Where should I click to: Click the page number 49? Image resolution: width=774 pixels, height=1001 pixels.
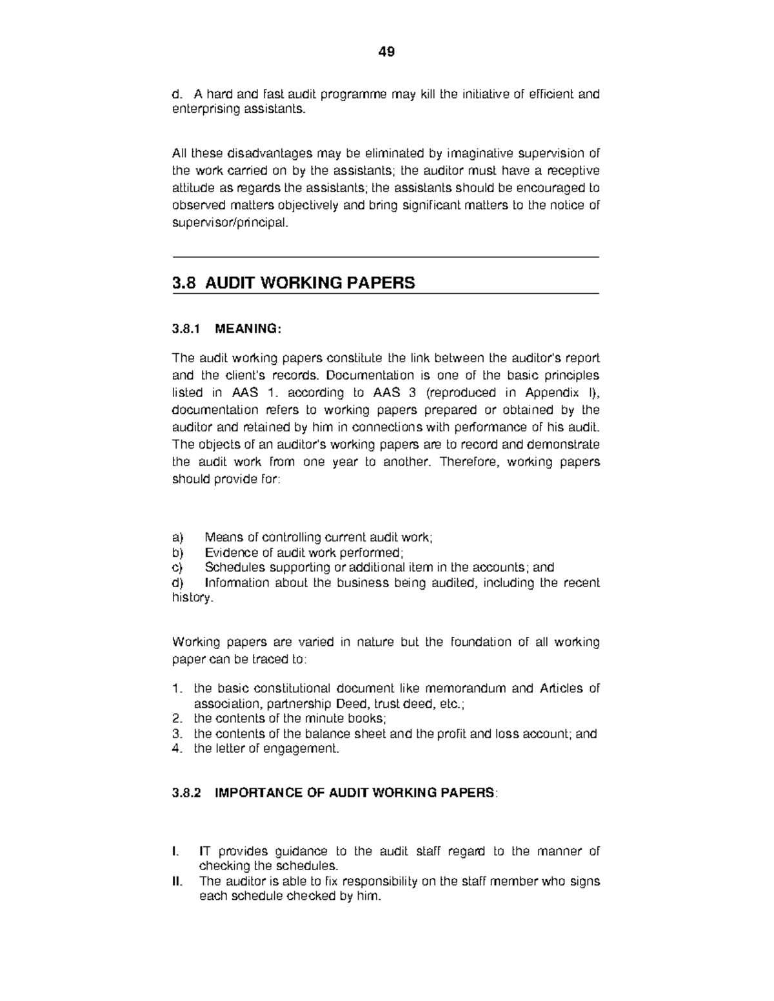(386, 52)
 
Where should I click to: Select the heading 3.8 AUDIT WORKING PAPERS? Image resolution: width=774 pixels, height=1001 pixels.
(293, 282)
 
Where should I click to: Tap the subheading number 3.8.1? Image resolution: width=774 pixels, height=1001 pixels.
(186, 329)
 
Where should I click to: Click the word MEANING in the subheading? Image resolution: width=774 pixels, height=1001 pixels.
(247, 329)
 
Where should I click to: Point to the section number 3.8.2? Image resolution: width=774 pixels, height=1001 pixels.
(186, 793)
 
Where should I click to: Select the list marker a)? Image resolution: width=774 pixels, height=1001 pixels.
(177, 538)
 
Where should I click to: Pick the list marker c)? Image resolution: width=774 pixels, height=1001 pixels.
(177, 567)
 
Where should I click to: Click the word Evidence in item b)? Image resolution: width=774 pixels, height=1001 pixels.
(230, 552)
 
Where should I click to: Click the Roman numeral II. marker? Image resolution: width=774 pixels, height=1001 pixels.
(177, 881)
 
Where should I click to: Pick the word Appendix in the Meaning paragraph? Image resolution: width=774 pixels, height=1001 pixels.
(547, 393)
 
